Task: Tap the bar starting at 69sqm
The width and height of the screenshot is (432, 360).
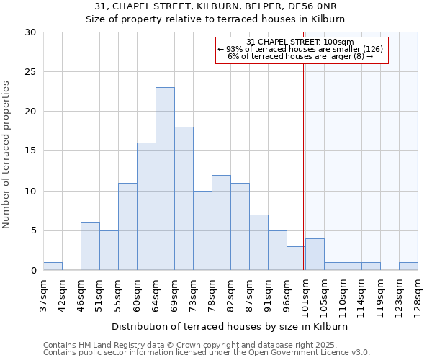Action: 184,199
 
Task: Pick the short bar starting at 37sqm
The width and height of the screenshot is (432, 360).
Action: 53,266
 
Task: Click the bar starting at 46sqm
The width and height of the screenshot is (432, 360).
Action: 90,246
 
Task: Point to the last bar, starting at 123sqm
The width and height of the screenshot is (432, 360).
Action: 408,266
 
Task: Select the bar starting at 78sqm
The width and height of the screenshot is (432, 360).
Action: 221,222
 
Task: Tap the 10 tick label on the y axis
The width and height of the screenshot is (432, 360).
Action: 30,192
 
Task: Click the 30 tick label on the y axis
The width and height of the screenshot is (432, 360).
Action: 30,32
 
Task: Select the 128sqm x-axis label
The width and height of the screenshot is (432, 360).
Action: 418,295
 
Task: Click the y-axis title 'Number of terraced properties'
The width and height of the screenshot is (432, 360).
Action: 7,154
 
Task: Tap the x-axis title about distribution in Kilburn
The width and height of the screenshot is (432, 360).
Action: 230,326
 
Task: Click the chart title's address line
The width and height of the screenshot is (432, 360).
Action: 216,6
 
